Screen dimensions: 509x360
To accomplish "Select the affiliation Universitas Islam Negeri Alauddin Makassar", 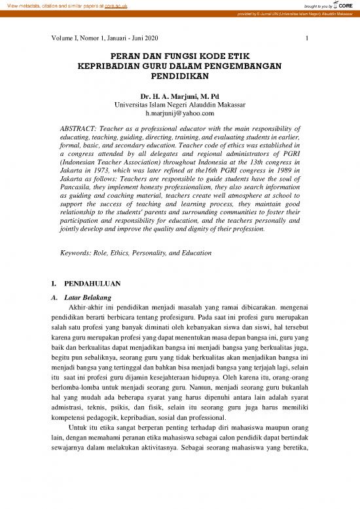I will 179,105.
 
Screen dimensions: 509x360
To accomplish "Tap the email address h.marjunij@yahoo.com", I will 179,115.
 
